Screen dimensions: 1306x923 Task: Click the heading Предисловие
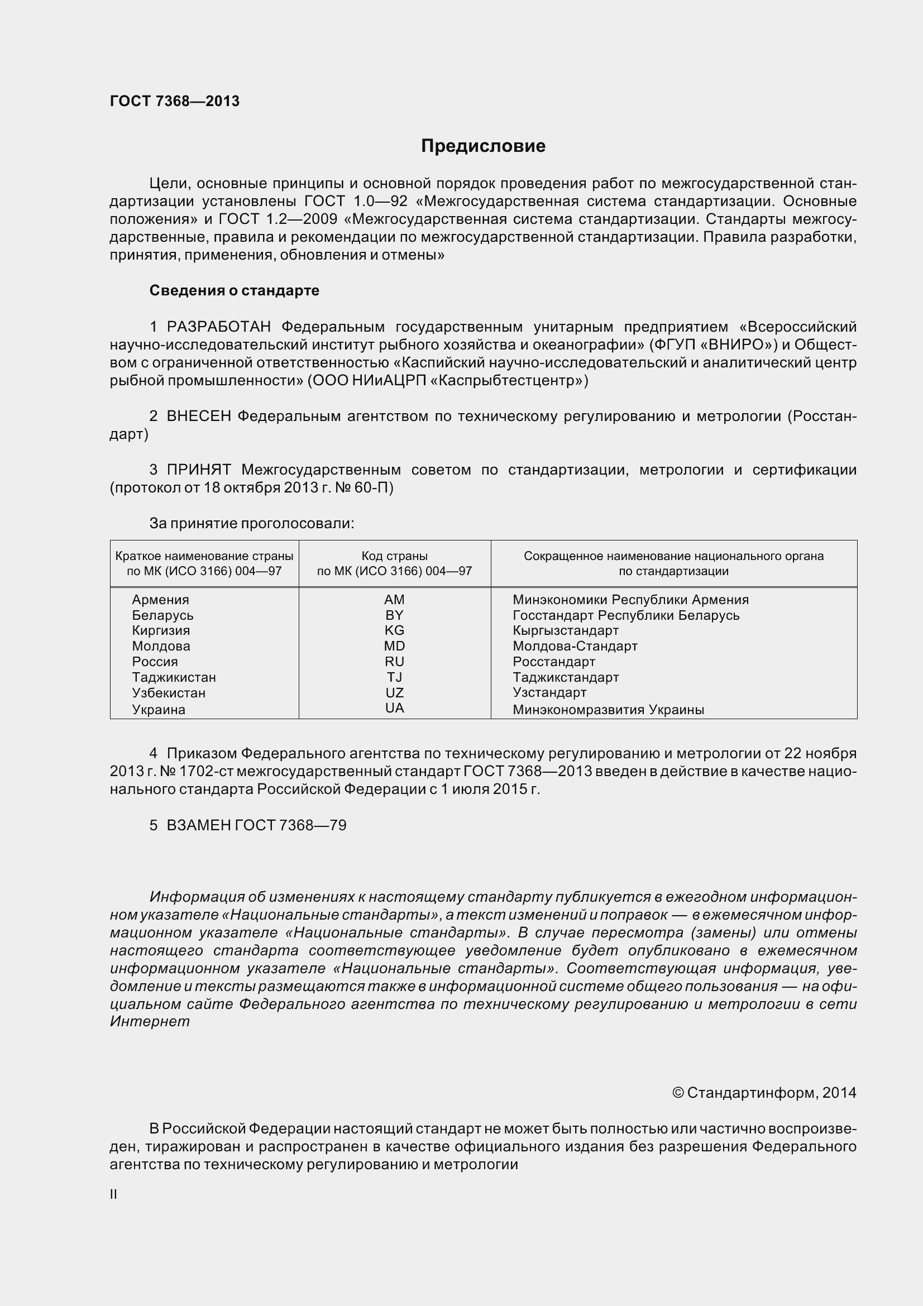point(483,146)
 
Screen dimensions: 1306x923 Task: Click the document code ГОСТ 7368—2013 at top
point(175,101)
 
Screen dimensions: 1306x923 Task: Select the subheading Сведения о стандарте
point(235,291)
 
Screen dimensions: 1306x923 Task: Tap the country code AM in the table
point(394,600)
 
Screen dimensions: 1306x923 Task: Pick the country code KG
point(394,630)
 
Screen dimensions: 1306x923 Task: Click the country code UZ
point(394,693)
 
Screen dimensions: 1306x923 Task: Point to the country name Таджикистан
point(174,677)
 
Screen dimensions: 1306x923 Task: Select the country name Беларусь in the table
point(162,615)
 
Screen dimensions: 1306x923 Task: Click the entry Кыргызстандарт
point(565,630)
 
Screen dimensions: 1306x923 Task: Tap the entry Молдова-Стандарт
point(575,646)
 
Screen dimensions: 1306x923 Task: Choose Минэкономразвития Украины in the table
point(608,710)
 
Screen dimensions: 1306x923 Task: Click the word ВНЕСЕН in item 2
point(198,417)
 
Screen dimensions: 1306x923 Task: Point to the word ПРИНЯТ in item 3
point(198,470)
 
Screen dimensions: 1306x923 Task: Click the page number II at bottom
point(114,1195)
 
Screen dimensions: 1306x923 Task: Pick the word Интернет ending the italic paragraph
point(150,1022)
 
